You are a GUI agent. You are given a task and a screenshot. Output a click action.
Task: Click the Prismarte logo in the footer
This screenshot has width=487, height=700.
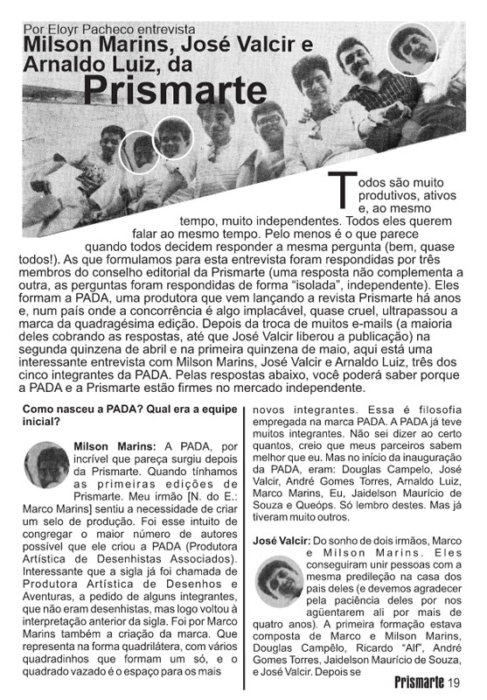[x=419, y=682]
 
